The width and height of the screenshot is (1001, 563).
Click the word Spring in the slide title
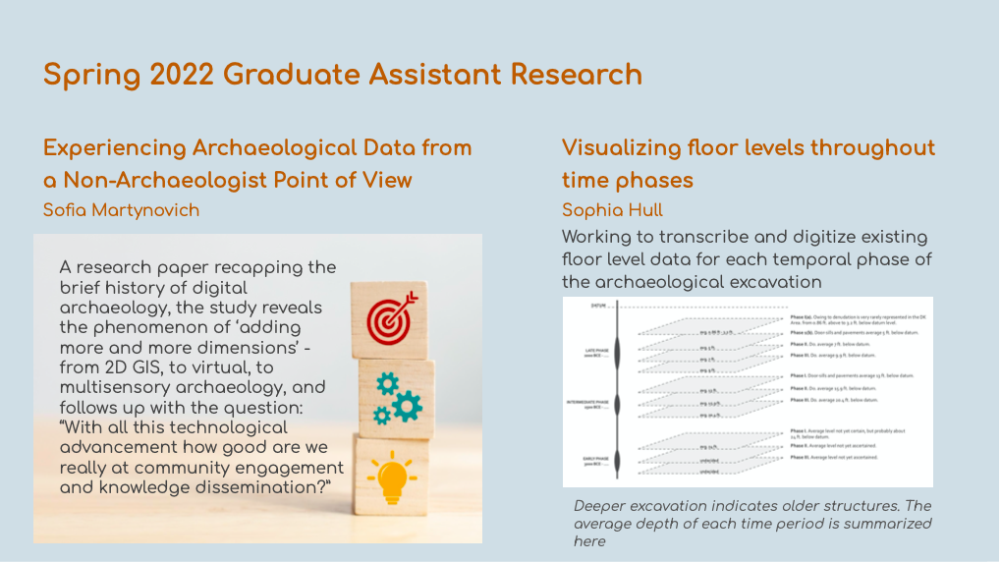[x=90, y=75]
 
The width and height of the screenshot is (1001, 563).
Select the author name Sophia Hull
[x=612, y=210]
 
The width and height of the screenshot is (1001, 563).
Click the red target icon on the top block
[x=393, y=315]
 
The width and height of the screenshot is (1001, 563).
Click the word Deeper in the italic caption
[x=601, y=506]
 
